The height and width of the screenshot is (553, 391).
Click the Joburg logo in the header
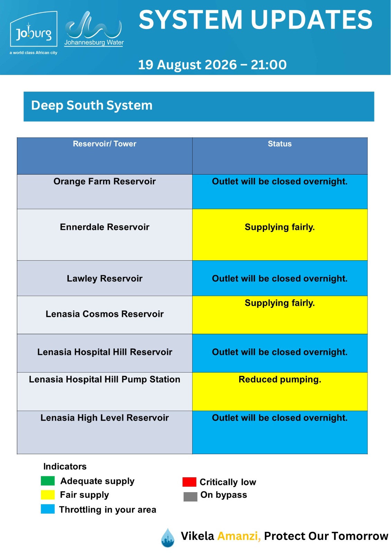(x=34, y=32)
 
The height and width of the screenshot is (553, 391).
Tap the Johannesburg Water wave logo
(x=94, y=29)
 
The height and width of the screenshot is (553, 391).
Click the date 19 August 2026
(x=187, y=65)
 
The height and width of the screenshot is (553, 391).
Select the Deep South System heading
(x=92, y=105)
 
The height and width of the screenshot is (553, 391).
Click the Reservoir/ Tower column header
(x=104, y=144)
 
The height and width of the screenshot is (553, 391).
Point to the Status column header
(x=280, y=144)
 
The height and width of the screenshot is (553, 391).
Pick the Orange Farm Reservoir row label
(x=104, y=181)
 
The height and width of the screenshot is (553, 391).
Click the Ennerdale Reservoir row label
(x=104, y=227)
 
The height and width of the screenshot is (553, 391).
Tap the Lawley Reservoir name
(x=104, y=279)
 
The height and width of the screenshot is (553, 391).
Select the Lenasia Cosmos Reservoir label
(x=104, y=314)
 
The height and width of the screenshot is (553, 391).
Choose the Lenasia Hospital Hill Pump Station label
(x=104, y=379)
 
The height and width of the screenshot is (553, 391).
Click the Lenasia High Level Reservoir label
(x=104, y=418)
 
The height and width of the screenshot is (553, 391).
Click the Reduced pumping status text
(x=280, y=379)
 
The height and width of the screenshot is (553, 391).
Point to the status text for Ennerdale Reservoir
(x=280, y=227)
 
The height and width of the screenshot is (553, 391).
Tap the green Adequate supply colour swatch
(x=48, y=481)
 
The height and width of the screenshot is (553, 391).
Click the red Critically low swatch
(x=189, y=482)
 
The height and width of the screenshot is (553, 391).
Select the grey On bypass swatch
(x=190, y=497)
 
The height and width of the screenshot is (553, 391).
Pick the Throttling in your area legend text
(x=108, y=509)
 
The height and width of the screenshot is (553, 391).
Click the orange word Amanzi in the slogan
(x=239, y=536)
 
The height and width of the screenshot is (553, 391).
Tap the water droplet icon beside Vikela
(x=167, y=538)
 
